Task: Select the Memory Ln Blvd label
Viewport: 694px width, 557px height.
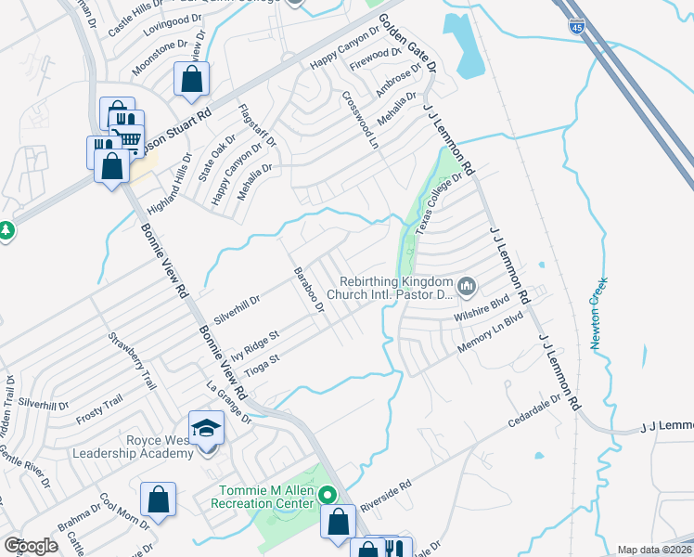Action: pyautogui.click(x=491, y=343)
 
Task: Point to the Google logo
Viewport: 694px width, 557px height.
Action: pyautogui.click(x=31, y=546)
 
